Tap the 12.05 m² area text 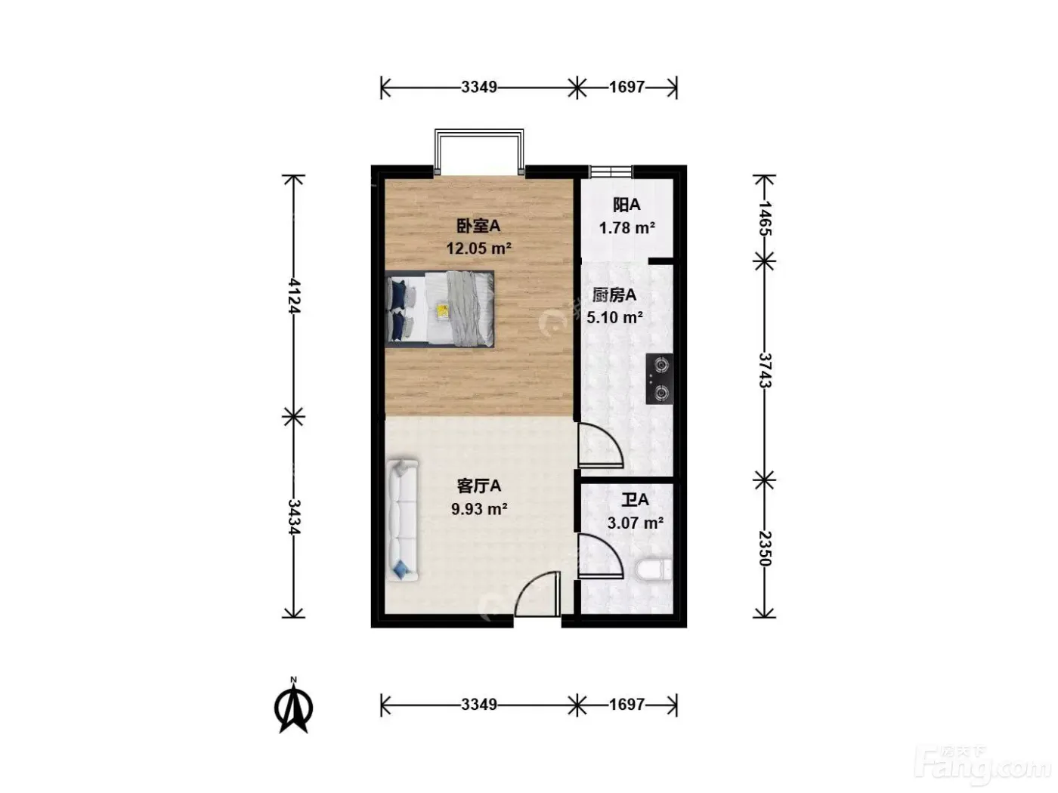point(478,248)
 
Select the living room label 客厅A point(478,486)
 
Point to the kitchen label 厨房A point(614,295)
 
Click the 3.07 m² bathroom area point(635,523)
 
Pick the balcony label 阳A point(626,205)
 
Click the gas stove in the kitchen point(659,378)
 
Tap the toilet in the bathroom point(653,570)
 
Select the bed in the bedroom point(440,309)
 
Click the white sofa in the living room point(403,520)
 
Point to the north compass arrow point(293,708)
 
